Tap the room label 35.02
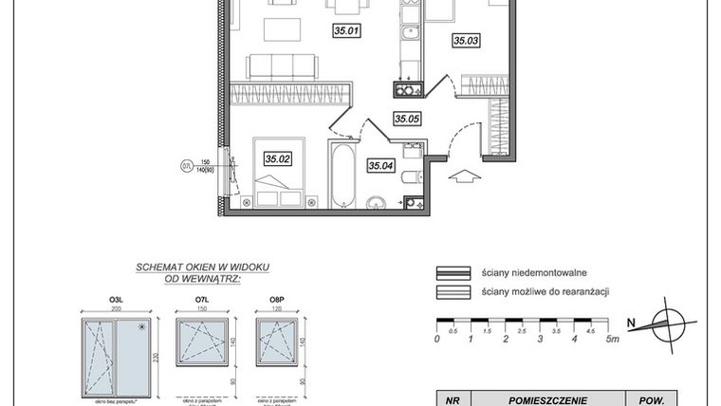tap(278, 159)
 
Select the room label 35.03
tap(466, 41)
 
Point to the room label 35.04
tap(381, 166)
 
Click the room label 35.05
tap(407, 119)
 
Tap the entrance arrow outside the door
tap(464, 175)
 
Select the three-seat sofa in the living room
tap(282, 65)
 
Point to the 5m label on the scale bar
tap(614, 339)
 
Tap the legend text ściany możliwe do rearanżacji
tap(545, 291)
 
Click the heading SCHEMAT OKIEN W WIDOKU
tap(188, 268)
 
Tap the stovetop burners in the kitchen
tap(408, 90)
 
